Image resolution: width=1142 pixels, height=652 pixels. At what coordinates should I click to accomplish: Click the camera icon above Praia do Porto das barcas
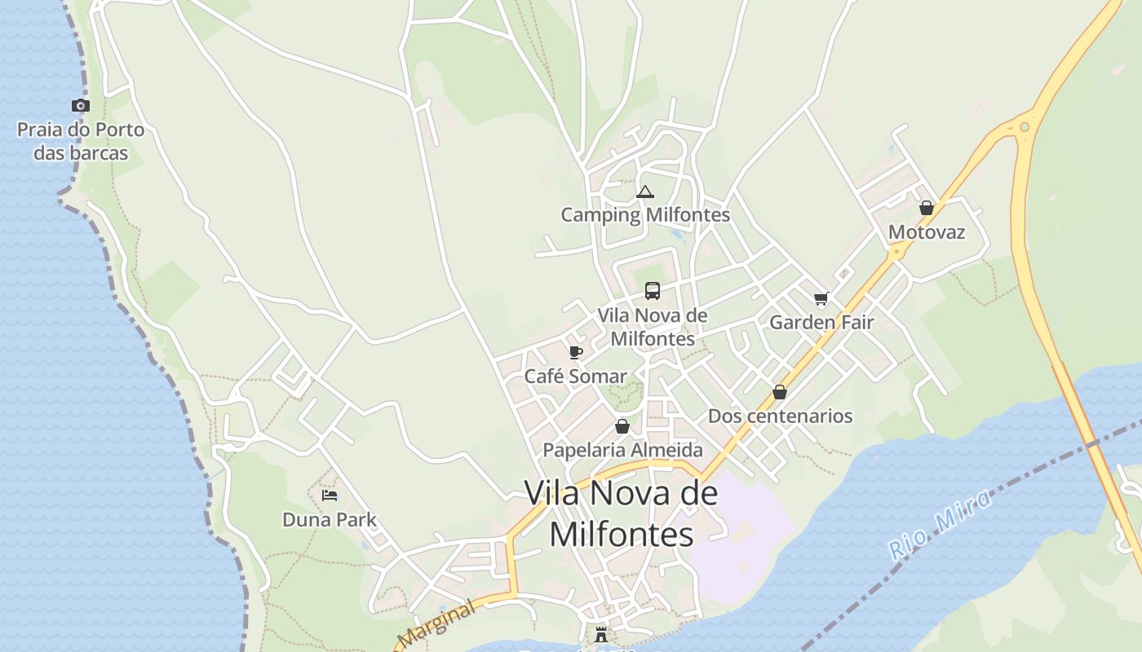pyautogui.click(x=80, y=105)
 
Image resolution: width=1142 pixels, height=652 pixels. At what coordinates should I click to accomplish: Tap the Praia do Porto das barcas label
pyautogui.click(x=81, y=141)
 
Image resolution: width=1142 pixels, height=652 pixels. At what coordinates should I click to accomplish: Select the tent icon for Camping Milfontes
pyautogui.click(x=645, y=192)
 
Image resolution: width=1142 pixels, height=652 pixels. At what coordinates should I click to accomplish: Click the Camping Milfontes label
pyautogui.click(x=645, y=215)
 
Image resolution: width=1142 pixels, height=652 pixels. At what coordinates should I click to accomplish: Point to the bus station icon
pyautogui.click(x=653, y=291)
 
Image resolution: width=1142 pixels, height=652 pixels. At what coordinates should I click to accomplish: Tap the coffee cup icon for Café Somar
pyautogui.click(x=576, y=352)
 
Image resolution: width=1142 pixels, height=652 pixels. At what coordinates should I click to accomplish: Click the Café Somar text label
pyautogui.click(x=575, y=377)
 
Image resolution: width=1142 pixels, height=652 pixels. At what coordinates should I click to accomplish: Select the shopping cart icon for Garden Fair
pyautogui.click(x=821, y=299)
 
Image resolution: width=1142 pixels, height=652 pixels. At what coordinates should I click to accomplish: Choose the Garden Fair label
pyautogui.click(x=821, y=322)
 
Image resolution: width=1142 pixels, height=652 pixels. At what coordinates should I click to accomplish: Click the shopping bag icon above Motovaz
pyautogui.click(x=927, y=208)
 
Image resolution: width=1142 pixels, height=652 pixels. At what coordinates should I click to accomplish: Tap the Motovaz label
pyautogui.click(x=927, y=232)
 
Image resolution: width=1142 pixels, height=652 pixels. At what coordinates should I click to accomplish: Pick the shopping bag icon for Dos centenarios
pyautogui.click(x=780, y=392)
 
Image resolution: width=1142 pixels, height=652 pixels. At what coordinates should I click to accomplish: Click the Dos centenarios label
pyautogui.click(x=780, y=416)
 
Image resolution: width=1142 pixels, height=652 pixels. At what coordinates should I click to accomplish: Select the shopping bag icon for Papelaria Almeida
pyautogui.click(x=622, y=426)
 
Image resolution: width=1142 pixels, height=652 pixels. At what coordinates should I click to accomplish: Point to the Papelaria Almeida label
pyautogui.click(x=622, y=450)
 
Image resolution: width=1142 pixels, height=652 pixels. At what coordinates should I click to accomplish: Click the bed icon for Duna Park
pyautogui.click(x=330, y=495)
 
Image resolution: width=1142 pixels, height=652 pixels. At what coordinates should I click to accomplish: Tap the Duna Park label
pyautogui.click(x=330, y=519)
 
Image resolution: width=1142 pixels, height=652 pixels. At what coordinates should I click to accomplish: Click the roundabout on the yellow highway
pyautogui.click(x=1025, y=126)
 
